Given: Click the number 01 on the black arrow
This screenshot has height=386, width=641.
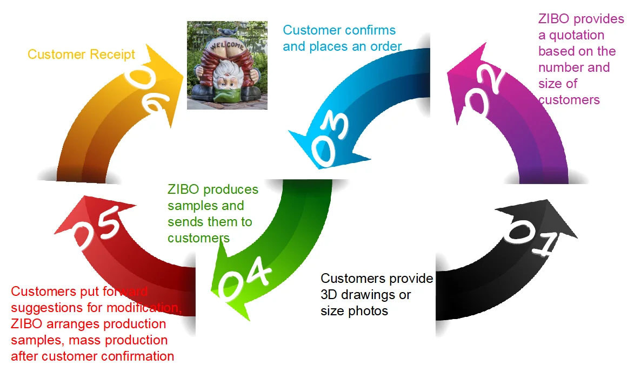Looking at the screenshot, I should tap(532, 241).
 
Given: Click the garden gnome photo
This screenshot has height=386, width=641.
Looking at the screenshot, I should tap(227, 65).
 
